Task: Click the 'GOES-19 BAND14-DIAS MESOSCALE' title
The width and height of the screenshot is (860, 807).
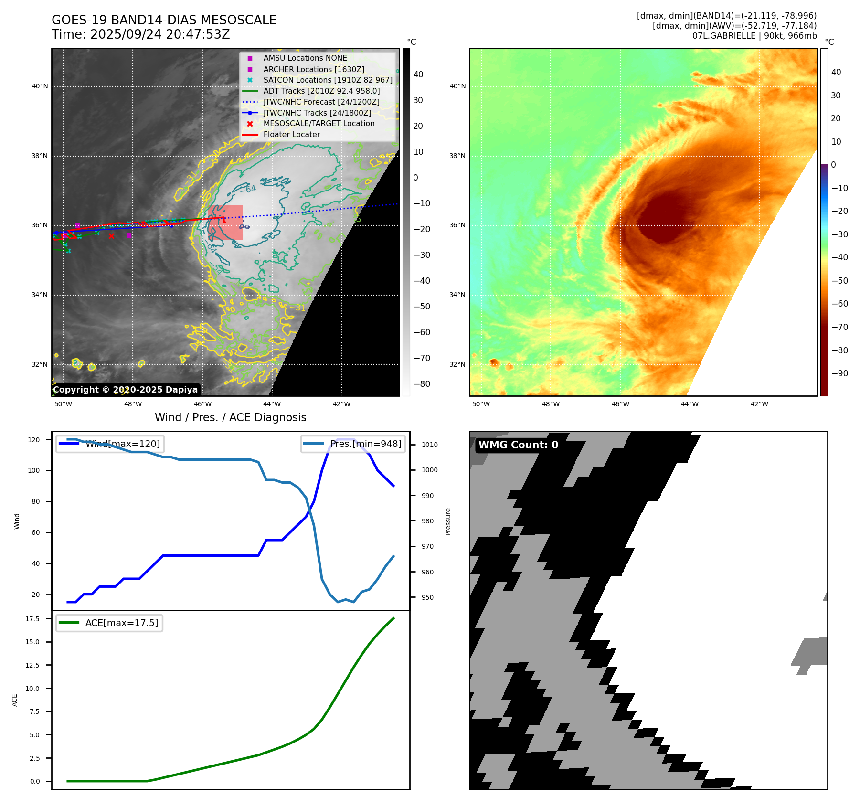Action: [164, 20]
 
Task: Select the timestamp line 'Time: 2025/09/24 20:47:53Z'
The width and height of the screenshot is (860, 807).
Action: [141, 34]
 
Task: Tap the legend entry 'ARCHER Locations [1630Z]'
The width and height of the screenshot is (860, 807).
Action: [313, 69]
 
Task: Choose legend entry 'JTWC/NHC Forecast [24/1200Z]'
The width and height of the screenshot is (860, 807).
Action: [321, 102]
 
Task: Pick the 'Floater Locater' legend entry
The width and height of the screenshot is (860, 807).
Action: [291, 134]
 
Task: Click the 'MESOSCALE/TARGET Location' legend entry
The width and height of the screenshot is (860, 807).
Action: [319, 123]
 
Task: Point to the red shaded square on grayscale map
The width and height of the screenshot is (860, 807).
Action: [225, 223]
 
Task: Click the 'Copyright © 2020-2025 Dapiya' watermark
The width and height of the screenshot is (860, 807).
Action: [125, 390]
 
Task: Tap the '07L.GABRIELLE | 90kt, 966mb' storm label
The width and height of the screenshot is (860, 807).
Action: [754, 36]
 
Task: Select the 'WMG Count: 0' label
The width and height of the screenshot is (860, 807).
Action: [518, 445]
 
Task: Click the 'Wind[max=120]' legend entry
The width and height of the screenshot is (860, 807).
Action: [122, 444]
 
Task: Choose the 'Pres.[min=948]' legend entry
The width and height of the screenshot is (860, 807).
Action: [365, 444]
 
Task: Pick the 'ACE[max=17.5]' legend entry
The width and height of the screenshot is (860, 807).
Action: [121, 623]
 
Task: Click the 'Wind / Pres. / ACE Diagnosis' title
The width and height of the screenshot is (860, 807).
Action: [231, 417]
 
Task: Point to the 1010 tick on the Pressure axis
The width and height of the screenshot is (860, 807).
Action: [429, 445]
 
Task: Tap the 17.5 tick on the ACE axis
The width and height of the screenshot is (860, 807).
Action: [32, 619]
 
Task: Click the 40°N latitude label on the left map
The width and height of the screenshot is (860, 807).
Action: [40, 86]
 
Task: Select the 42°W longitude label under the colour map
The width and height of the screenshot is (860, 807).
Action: [759, 404]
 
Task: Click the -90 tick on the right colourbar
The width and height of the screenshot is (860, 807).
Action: [839, 373]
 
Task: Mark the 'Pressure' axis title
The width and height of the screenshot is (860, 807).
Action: [448, 521]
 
